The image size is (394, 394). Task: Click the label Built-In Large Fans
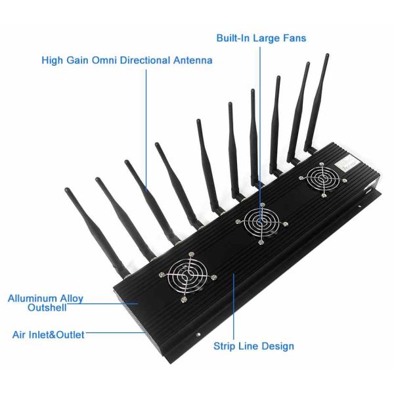(x=261, y=38)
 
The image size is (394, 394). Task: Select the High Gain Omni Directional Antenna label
(x=127, y=60)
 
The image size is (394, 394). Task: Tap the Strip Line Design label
(x=253, y=346)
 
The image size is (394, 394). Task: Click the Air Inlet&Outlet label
(x=49, y=335)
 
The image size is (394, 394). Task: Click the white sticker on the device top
(x=345, y=163)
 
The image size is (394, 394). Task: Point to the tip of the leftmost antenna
(x=66, y=190)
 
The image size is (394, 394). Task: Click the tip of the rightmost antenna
(x=326, y=56)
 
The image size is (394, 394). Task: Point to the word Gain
(x=76, y=60)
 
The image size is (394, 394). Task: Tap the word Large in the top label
(x=269, y=38)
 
